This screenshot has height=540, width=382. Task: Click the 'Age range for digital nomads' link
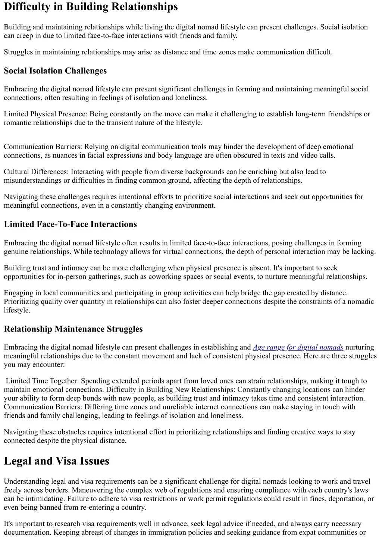click(x=298, y=348)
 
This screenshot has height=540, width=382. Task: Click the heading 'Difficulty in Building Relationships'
click(x=91, y=7)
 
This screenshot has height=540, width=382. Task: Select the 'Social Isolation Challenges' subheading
click(x=55, y=71)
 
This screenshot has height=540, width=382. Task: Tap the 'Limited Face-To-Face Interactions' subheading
click(x=70, y=224)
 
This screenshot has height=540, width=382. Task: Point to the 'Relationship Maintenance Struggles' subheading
click(x=73, y=329)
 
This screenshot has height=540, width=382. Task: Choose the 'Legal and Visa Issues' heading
click(x=56, y=461)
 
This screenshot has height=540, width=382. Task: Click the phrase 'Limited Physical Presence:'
click(x=46, y=114)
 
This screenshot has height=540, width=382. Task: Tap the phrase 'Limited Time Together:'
click(x=42, y=381)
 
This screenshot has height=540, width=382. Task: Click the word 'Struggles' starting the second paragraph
click(x=18, y=52)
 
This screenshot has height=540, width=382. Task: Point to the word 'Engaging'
click(x=18, y=293)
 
